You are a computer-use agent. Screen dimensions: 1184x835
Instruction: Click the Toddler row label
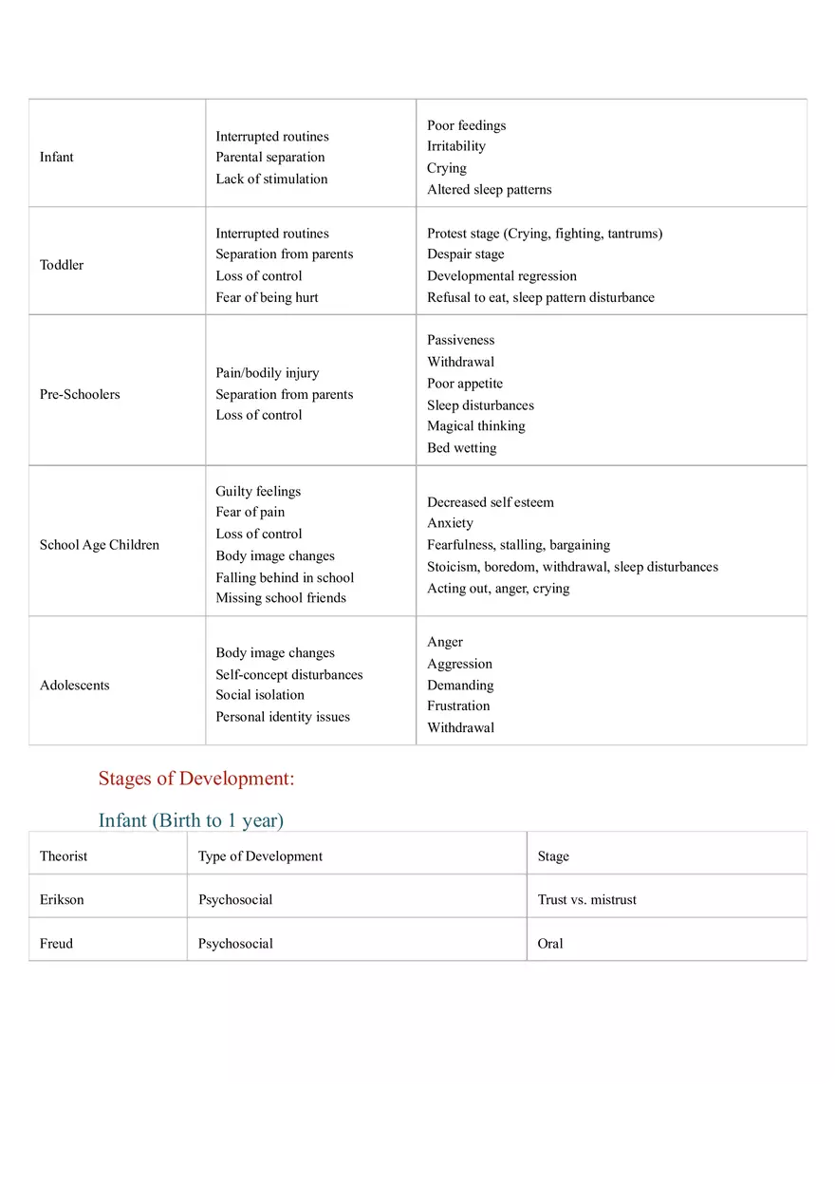(x=62, y=265)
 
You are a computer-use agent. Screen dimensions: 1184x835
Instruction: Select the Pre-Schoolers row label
(x=80, y=394)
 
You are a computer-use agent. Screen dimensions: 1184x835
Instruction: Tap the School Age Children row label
(x=100, y=545)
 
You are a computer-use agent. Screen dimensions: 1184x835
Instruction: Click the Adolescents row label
(x=75, y=686)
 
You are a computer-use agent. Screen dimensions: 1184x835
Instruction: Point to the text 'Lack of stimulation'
(x=271, y=179)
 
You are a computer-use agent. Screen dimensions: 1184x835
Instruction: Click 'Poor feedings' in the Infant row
(x=466, y=125)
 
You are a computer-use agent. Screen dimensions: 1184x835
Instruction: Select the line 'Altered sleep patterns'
(x=489, y=190)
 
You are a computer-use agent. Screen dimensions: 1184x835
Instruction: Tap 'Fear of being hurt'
(x=267, y=297)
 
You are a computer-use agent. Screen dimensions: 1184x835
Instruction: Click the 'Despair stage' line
(x=465, y=254)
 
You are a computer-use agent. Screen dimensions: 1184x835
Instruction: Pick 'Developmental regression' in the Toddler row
(x=501, y=276)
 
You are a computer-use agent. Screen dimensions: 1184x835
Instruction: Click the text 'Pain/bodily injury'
(x=268, y=373)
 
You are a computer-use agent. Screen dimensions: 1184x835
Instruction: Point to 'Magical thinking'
(x=475, y=426)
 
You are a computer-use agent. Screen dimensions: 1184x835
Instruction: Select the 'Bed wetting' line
(x=461, y=448)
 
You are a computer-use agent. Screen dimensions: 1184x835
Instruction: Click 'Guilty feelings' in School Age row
(x=258, y=491)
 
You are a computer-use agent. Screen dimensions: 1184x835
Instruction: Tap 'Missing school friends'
(x=281, y=598)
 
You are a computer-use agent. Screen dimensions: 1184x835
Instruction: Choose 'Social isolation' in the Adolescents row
(x=260, y=695)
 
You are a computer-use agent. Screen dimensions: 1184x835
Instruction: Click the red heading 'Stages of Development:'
(x=196, y=779)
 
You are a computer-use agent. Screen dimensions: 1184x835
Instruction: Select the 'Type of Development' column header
(x=260, y=856)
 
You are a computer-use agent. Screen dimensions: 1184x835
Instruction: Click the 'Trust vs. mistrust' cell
(x=586, y=900)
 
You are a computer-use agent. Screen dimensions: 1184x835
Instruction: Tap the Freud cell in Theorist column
(x=56, y=944)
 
